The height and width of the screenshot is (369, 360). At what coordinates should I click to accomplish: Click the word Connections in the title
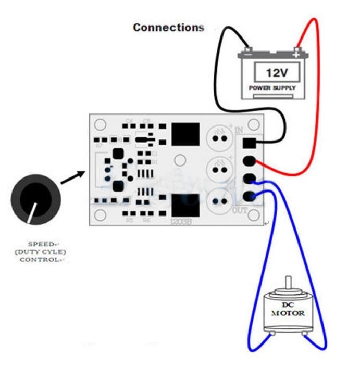tap(168, 27)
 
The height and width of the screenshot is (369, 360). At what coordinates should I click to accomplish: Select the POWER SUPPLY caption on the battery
tap(272, 88)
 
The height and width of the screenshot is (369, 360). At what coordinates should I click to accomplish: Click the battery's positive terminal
tap(296, 53)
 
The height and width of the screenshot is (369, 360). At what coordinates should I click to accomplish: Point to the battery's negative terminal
tap(248, 53)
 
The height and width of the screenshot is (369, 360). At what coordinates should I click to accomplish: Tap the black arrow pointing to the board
tap(73, 176)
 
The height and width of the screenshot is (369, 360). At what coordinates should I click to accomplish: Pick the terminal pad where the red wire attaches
tap(251, 161)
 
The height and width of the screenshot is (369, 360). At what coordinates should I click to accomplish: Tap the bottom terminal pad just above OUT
tap(251, 196)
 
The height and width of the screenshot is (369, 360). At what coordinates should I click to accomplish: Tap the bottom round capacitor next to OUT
tap(219, 201)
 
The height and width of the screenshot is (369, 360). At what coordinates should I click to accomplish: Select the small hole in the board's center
tap(179, 161)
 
